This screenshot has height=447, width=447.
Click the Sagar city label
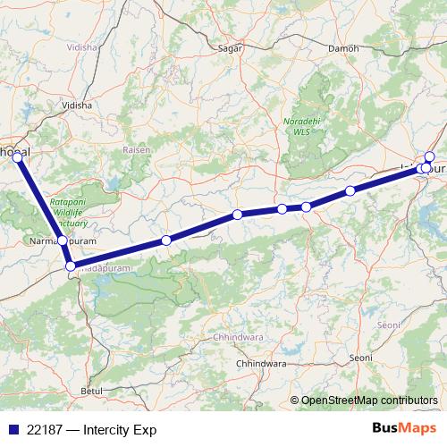coord(231,49)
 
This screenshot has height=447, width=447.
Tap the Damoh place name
coord(344,48)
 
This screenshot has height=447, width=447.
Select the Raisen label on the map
coord(136,150)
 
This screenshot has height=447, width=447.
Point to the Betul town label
coord(92,392)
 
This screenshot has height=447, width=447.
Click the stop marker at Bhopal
coord(17,156)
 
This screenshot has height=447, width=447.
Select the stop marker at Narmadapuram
coord(62,240)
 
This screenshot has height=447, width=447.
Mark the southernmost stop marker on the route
coord(71,265)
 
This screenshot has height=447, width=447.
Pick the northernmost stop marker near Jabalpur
coord(430,156)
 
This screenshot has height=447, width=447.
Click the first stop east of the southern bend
coord(166,240)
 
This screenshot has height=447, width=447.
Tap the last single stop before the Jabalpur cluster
coord(350,190)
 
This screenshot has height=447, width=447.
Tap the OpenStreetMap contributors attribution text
coord(370,400)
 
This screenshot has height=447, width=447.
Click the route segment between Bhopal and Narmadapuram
coord(39,198)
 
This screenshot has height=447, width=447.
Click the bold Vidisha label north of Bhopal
coord(76,105)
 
